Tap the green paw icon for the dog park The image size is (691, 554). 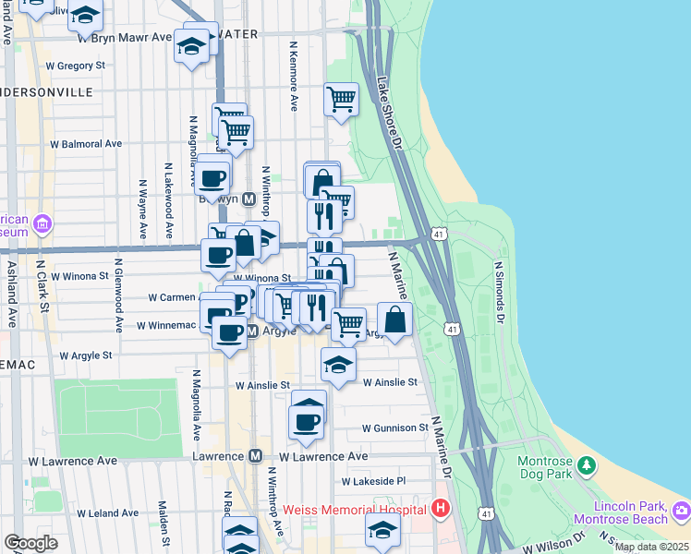[585, 464]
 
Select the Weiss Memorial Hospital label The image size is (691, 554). [354, 509]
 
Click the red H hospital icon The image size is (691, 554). [441, 509]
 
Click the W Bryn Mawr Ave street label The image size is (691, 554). [125, 38]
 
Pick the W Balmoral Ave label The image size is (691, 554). [86, 144]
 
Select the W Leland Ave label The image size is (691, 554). [109, 513]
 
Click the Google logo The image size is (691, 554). [30, 543]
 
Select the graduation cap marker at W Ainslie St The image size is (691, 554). [338, 365]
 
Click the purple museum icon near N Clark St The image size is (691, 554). [42, 223]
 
